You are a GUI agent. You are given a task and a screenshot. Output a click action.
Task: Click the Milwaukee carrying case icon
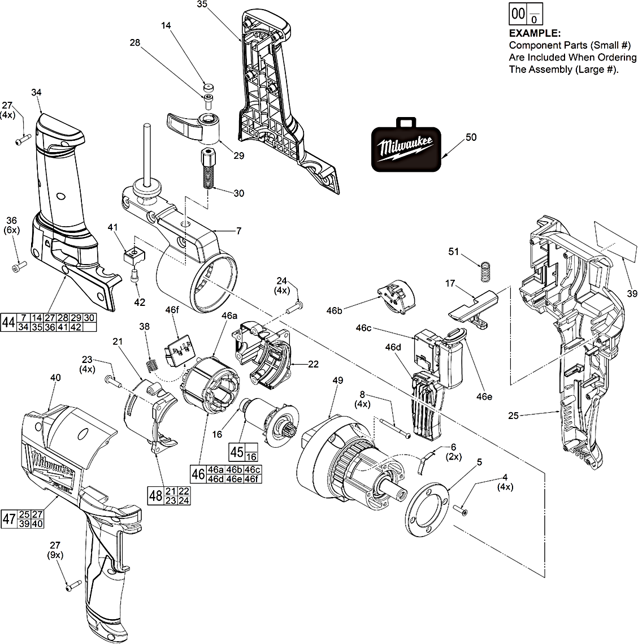click(x=406, y=146)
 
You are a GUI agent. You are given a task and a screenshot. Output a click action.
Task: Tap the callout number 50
click(x=471, y=137)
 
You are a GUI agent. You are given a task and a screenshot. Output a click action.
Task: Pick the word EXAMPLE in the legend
click(x=535, y=33)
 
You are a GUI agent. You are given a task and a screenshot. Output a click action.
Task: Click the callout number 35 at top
click(x=202, y=5)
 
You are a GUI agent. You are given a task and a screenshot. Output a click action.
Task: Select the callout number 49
click(x=337, y=381)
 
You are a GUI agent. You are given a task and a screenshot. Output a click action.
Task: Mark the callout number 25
click(x=513, y=416)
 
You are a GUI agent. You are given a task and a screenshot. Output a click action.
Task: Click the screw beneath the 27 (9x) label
click(x=70, y=588)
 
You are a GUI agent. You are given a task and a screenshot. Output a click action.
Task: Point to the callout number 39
click(x=632, y=293)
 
